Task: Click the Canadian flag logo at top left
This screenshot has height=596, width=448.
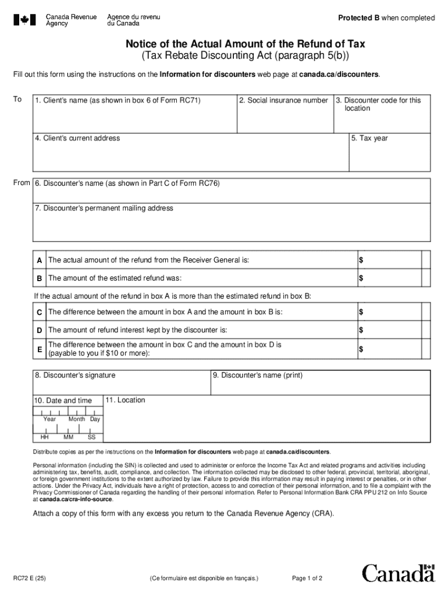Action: point(24,20)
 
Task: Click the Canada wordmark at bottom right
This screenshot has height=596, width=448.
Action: point(399,573)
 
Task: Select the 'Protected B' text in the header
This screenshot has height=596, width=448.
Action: point(359,18)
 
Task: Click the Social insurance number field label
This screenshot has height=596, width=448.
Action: point(284,101)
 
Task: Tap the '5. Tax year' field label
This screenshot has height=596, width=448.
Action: point(369,139)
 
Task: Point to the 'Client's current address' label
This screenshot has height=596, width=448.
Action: point(77,139)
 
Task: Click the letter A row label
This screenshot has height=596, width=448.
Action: point(40,260)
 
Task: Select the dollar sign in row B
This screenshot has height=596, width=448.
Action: point(361,278)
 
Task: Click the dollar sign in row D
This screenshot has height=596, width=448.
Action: point(361,331)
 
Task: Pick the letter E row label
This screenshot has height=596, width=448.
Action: point(40,349)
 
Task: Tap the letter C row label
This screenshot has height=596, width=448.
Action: point(40,313)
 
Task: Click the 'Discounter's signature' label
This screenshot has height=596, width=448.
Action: point(75,375)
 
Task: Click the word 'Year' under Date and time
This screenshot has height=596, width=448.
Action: point(49,419)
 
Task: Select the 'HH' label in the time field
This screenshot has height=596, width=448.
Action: point(44,437)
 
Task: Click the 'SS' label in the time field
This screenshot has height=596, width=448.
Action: point(91,437)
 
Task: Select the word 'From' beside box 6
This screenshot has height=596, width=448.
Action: point(22,183)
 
